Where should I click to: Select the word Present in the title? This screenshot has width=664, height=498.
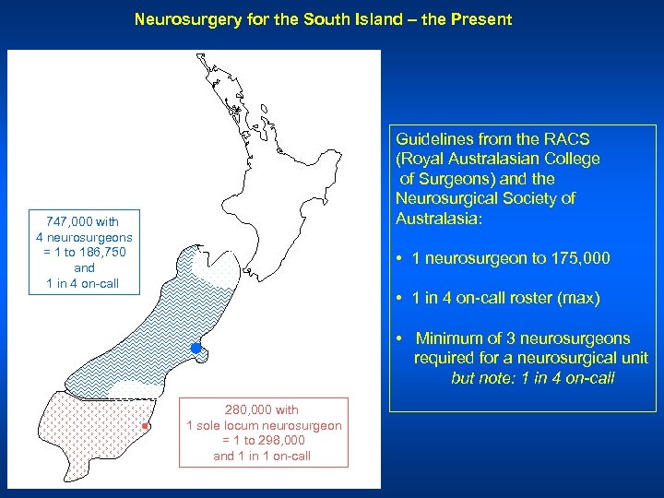[481, 18]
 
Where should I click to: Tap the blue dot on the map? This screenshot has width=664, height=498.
[196, 348]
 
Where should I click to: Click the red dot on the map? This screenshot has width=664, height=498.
[146, 426]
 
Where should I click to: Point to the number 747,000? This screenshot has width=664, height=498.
[65, 221]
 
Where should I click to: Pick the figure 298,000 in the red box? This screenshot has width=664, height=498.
[284, 441]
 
